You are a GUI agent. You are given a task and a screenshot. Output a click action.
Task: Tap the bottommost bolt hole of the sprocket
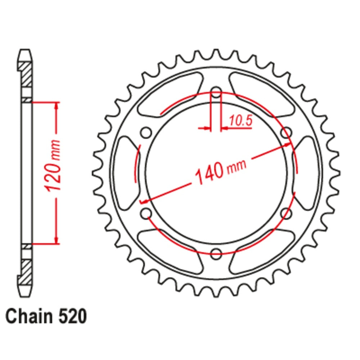(x=216, y=253)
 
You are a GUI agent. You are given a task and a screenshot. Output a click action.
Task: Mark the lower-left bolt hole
(x=146, y=213)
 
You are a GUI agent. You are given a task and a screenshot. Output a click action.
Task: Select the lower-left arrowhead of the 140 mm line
(x=143, y=202)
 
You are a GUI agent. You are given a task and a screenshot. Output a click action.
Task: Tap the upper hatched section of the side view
(x=25, y=74)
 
